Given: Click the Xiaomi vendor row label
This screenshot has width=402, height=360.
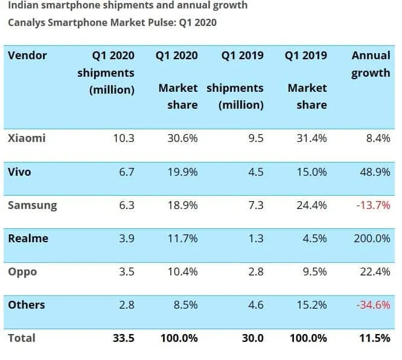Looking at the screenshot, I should (x=27, y=138).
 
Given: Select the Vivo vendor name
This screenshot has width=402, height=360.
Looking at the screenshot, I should (x=19, y=172).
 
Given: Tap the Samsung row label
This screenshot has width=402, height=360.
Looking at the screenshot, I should (x=32, y=205).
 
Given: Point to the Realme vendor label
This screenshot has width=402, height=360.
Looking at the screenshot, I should (x=28, y=238).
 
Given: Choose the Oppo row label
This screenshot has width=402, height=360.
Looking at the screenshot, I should (x=22, y=271).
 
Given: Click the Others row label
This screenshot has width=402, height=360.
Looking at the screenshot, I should (x=27, y=304).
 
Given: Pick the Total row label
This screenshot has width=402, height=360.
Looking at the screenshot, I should (x=22, y=338).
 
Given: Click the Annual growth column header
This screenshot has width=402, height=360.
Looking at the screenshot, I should (x=371, y=64).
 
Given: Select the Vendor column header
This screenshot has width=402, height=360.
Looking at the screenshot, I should (x=27, y=56).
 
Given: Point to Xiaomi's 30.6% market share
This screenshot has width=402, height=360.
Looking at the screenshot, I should (x=182, y=138).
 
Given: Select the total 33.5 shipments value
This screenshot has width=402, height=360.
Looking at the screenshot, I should (x=122, y=338).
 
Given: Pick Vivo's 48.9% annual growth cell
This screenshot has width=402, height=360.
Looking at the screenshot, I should (x=374, y=172).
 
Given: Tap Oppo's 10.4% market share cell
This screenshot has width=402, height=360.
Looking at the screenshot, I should (x=182, y=271).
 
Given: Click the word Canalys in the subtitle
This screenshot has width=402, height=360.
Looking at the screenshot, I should (x=27, y=23).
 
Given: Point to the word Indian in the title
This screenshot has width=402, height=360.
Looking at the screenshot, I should (x=22, y=6).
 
